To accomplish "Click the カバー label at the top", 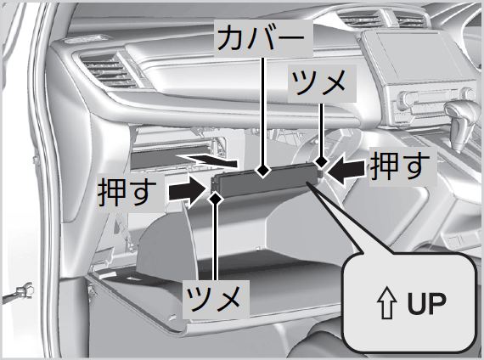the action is pos(262,37).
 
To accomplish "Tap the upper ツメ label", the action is pos(319,82).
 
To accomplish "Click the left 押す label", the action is pos(127,193).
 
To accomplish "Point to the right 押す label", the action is pos(400,166).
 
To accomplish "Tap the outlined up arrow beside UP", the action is pos(387,303).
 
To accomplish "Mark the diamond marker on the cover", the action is pos(262,170).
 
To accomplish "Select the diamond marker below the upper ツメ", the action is pos(321,160).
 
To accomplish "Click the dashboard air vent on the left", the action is pos(106,70).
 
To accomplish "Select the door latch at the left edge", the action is pos(23,292).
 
